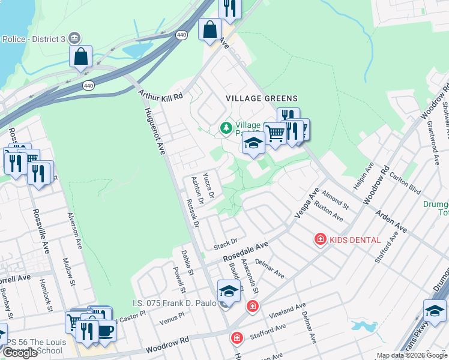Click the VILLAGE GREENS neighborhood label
pos(261,98)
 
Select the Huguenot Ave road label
pos(154,131)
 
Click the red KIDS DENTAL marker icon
pos(321,240)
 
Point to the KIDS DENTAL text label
pos(355,240)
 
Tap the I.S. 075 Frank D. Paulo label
pos(174,304)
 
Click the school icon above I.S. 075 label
pos(228,290)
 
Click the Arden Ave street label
pos(391,221)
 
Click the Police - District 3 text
pos(34,39)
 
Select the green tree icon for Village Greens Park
pos(226,127)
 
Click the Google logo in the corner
pos(20,353)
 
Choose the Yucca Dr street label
pos(209,184)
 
